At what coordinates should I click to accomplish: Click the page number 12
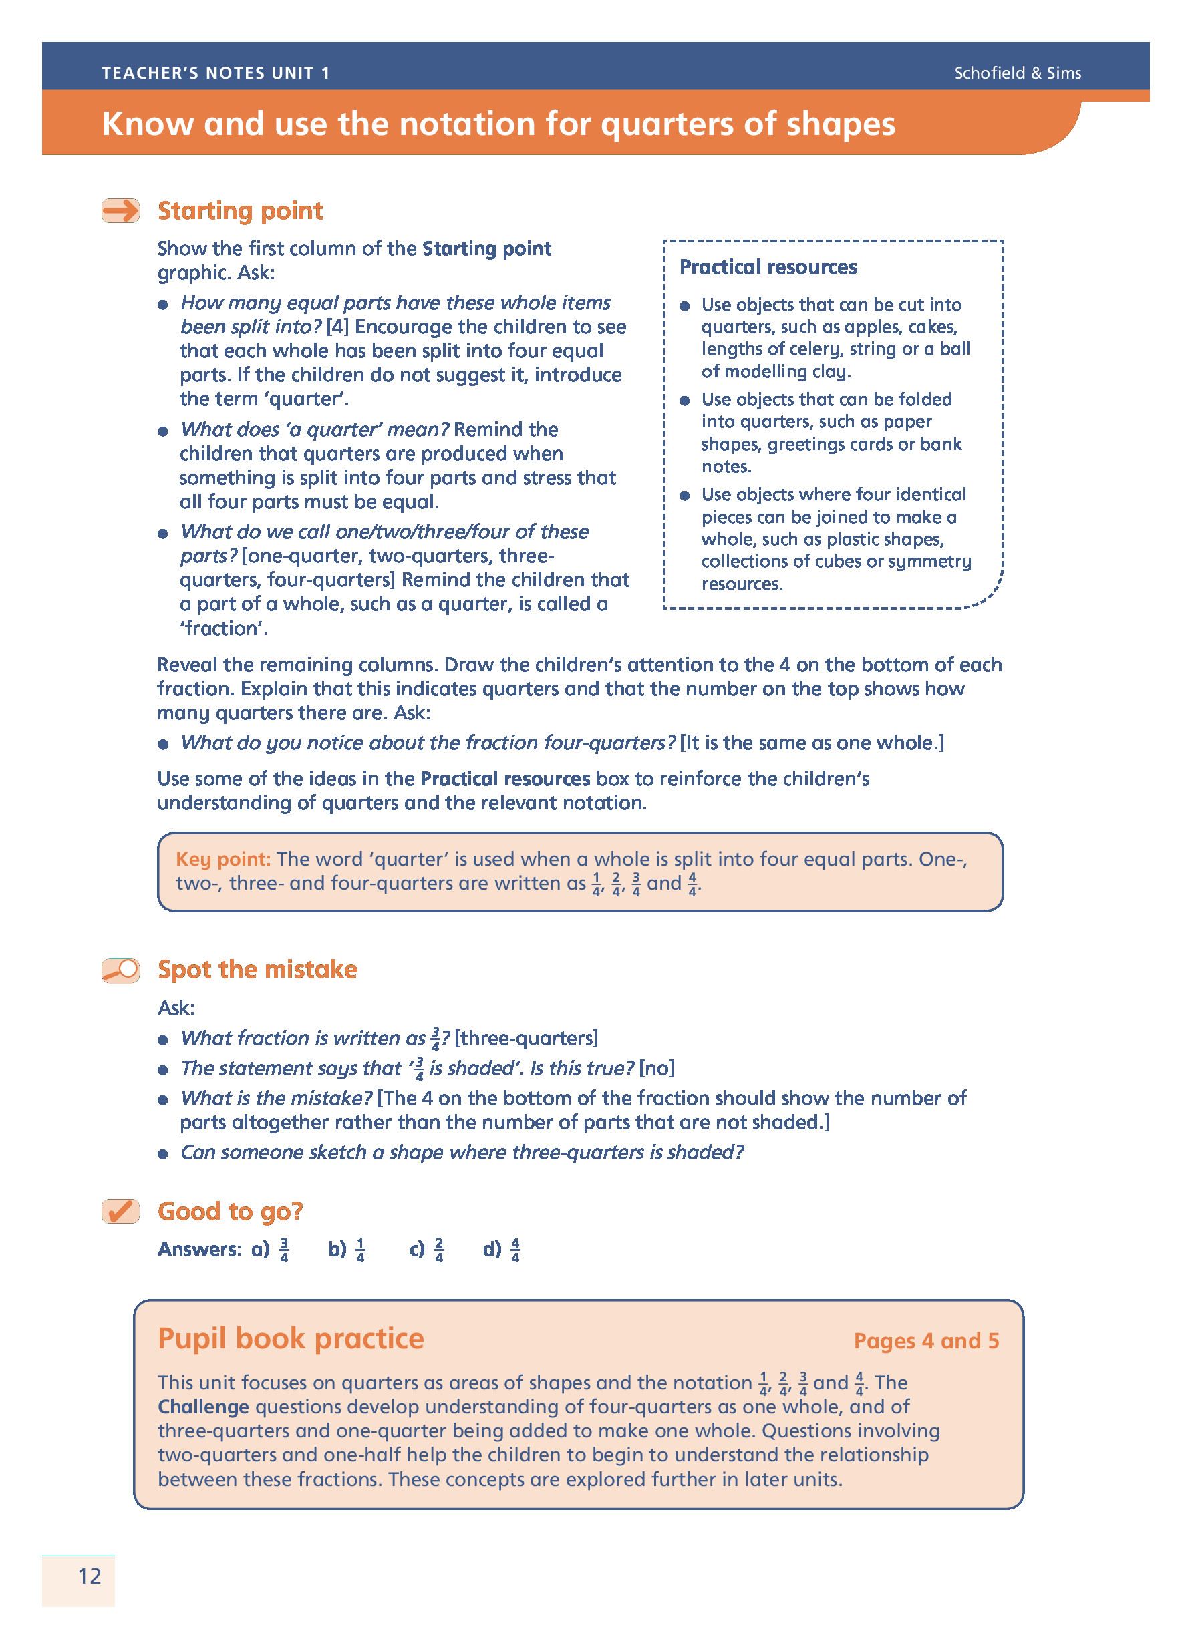click(90, 1576)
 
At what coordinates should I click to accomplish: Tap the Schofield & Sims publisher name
click(1017, 73)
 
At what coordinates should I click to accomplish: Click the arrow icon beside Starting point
click(120, 211)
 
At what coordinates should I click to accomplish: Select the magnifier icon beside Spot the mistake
click(120, 970)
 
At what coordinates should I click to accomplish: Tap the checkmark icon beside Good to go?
click(120, 1212)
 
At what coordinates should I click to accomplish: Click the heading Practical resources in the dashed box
click(768, 268)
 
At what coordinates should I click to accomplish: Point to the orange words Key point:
click(222, 859)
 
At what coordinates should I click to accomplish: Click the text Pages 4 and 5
click(926, 1340)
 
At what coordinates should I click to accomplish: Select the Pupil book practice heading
click(291, 1338)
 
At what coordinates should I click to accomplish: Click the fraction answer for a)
click(285, 1250)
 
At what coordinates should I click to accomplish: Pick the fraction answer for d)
click(516, 1250)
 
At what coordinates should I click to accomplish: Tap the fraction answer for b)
click(361, 1250)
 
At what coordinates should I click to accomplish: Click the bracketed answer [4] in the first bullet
click(337, 327)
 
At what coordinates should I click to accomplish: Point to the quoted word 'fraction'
click(224, 629)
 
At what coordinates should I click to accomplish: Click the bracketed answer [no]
click(657, 1068)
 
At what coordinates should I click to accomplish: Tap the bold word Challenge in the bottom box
click(204, 1407)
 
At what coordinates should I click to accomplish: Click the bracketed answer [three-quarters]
click(527, 1039)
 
